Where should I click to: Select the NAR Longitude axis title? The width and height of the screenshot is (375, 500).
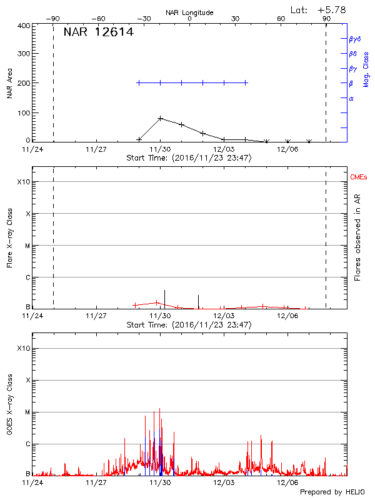click(x=189, y=12)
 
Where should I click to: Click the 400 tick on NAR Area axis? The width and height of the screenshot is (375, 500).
click(x=24, y=26)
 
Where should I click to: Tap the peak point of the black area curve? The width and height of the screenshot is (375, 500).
click(x=161, y=117)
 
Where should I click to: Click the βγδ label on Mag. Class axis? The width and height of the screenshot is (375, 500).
click(x=354, y=39)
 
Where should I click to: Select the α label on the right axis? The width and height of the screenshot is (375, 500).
click(x=351, y=98)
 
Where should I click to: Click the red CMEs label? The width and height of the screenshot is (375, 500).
click(x=359, y=178)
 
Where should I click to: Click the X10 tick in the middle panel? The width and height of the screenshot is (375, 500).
click(x=23, y=182)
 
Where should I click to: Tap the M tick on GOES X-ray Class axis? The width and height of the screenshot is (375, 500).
click(x=27, y=412)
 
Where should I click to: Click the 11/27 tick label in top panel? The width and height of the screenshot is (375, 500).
click(x=96, y=149)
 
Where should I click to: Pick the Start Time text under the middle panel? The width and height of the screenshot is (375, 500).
click(x=189, y=325)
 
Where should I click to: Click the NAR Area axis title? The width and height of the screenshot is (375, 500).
click(x=10, y=83)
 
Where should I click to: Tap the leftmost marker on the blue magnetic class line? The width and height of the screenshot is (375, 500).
click(x=139, y=82)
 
